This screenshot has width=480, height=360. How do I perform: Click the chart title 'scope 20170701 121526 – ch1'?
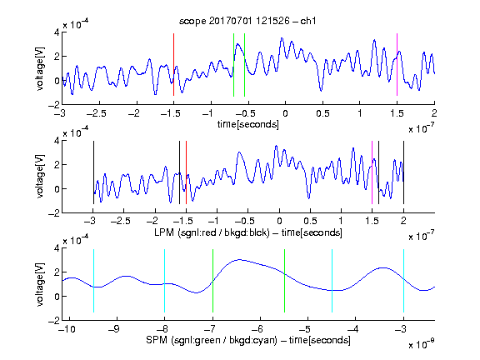click(247, 21)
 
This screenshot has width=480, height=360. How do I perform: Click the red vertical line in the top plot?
click(173, 65)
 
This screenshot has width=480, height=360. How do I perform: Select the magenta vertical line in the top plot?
click(397, 65)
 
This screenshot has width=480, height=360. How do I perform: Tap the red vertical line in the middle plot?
click(186, 172)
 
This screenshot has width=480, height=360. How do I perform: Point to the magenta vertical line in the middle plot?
click(372, 172)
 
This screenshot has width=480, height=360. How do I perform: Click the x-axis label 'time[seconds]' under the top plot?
click(248, 124)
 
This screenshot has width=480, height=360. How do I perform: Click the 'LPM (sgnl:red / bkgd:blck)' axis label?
click(212, 232)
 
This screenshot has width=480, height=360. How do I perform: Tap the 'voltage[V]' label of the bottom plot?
click(40, 285)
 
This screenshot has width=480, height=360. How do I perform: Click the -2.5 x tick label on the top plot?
click(97, 113)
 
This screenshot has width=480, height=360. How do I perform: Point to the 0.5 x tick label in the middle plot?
click(310, 221)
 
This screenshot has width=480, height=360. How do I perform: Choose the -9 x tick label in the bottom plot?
click(114, 329)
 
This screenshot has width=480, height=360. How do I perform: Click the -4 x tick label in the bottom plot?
click(352, 329)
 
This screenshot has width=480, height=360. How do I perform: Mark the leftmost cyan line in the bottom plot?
click(93, 281)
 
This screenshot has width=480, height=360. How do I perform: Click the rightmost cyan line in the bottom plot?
click(403, 281)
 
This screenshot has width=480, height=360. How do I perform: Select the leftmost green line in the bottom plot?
click(212, 281)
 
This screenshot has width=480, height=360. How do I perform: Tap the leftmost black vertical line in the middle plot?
click(93, 172)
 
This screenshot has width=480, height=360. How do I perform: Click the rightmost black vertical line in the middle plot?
click(403, 172)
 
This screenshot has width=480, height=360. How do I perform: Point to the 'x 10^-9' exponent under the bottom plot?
click(422, 344)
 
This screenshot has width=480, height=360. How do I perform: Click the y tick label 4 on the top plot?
click(57, 32)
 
